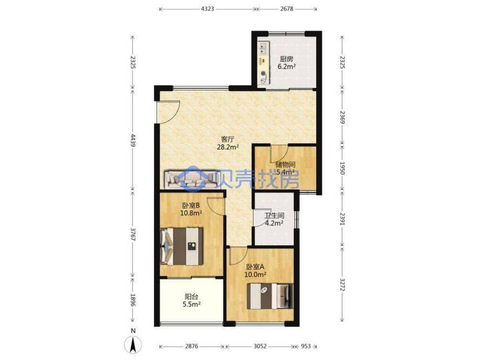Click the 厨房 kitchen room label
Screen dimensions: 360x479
point(286,59)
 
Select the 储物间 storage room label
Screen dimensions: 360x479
point(285,164)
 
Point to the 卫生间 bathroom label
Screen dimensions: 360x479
point(274,216)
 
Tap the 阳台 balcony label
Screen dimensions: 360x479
point(192,296)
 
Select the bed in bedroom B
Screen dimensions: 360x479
point(182,245)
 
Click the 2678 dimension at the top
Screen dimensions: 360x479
point(285,9)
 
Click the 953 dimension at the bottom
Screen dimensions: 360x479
point(306,346)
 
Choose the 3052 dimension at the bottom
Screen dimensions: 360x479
point(260,346)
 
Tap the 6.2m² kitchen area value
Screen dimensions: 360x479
point(286,67)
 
